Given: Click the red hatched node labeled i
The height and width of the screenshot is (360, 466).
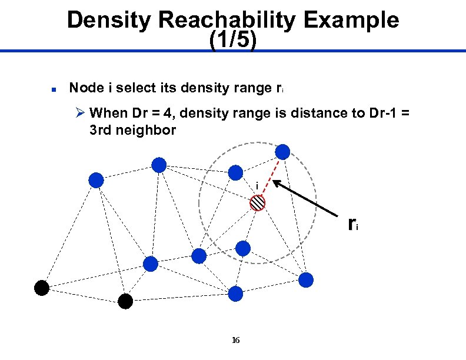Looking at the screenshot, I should click(x=258, y=203).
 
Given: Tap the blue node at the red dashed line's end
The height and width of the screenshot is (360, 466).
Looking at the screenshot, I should click(x=283, y=152).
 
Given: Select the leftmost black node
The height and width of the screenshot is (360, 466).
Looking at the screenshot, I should click(x=41, y=288).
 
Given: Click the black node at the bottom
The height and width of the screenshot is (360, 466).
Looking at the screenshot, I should click(x=125, y=301).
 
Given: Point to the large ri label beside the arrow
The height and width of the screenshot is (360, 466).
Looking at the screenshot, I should click(x=352, y=224).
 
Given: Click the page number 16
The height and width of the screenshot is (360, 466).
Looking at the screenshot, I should click(x=235, y=340).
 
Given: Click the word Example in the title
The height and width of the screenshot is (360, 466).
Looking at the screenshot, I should click(x=352, y=21).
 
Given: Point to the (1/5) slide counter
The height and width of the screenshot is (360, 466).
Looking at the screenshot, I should click(x=233, y=41).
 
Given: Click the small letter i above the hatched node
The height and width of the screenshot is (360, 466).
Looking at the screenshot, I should click(x=257, y=186).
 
